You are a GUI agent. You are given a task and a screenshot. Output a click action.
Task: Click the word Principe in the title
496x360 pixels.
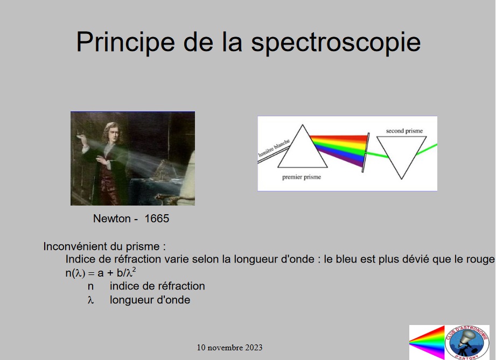[x=125, y=43]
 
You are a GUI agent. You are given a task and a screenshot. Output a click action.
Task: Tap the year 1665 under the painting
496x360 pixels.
[x=157, y=218]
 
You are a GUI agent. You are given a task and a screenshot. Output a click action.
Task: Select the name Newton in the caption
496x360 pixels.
[x=111, y=218]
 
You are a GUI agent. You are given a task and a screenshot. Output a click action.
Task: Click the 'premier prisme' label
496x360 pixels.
[x=302, y=177]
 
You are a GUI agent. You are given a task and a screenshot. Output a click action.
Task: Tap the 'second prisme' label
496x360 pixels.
[x=404, y=131]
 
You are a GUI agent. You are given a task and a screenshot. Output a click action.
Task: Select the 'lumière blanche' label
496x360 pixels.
[x=274, y=148]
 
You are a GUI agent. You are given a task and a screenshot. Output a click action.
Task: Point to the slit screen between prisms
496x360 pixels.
[x=365, y=153]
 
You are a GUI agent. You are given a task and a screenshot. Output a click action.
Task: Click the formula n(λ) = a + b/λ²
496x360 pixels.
[x=101, y=272]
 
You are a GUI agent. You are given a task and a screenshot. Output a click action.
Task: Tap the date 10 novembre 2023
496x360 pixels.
[x=229, y=348]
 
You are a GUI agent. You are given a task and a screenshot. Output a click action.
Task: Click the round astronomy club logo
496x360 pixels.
[x=467, y=343]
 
